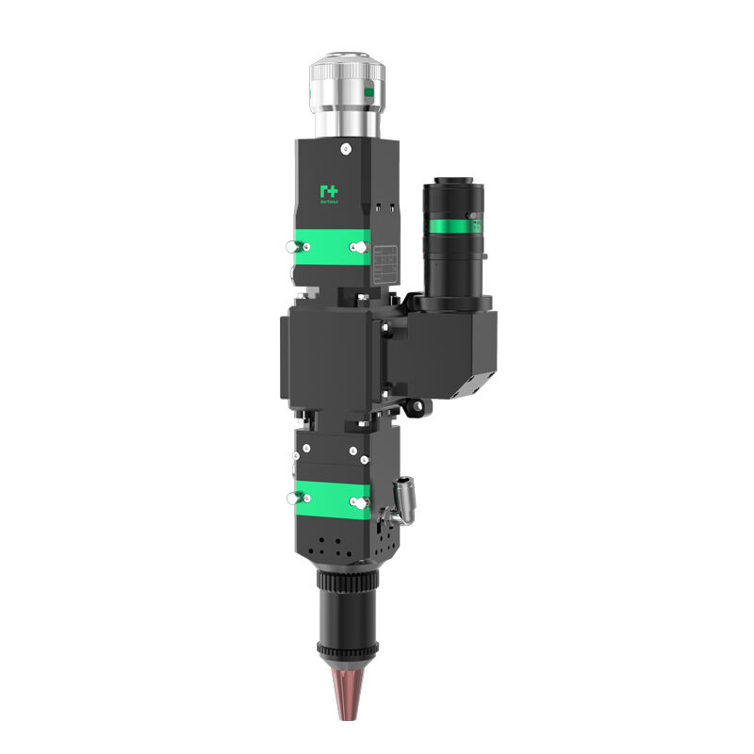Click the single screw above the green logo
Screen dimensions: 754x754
pyautogui.click(x=347, y=149)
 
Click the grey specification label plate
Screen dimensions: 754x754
pyautogui.click(x=384, y=263)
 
